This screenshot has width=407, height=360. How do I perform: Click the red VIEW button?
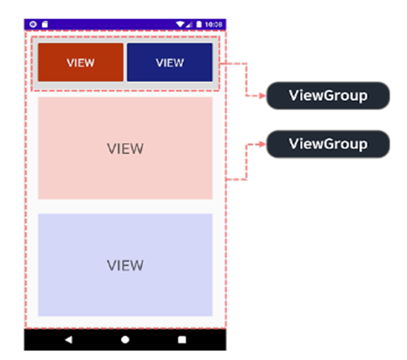click(x=81, y=62)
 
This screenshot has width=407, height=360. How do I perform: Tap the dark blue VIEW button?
click(x=170, y=62)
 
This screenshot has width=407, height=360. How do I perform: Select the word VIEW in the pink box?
click(x=125, y=148)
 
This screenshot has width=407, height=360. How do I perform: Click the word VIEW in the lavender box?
click(x=125, y=265)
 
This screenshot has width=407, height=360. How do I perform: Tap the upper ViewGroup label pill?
click(x=328, y=95)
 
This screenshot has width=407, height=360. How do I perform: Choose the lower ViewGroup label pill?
click(x=328, y=144)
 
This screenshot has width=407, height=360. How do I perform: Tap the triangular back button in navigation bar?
click(x=68, y=339)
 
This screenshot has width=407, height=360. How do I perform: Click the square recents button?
click(x=182, y=339)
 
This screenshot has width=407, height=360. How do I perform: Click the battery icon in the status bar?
click(x=199, y=25)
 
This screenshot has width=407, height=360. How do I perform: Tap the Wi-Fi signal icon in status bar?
click(x=180, y=25)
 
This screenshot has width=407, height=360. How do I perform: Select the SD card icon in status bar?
click(x=44, y=25)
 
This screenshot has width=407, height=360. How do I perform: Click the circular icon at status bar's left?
click(x=33, y=25)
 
